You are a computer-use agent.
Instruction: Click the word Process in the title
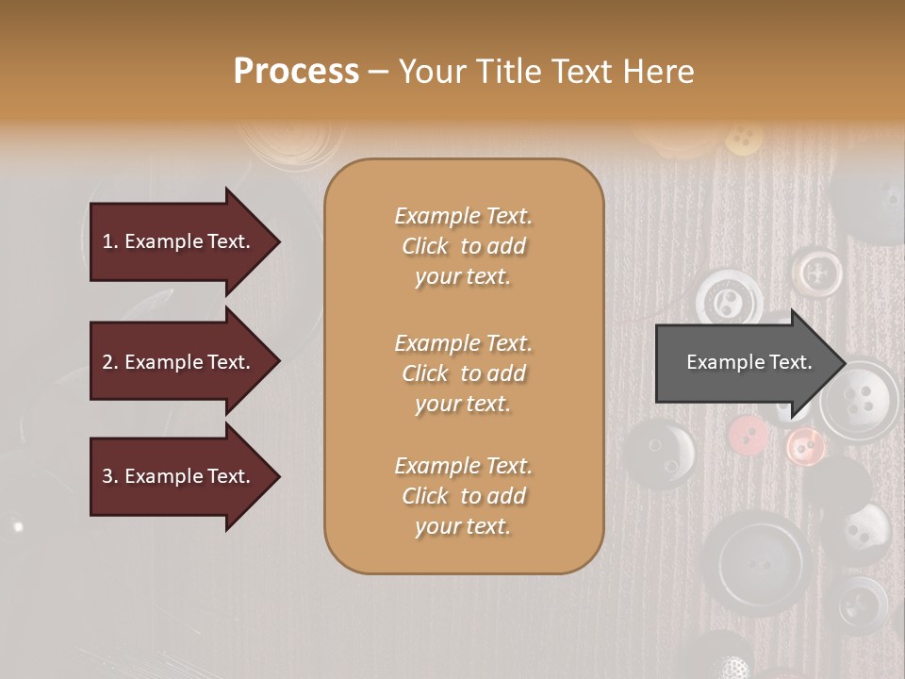(x=296, y=71)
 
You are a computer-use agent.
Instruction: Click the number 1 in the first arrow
(x=107, y=241)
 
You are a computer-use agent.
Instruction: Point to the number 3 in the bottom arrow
(x=107, y=476)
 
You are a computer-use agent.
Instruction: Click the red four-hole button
(x=749, y=434)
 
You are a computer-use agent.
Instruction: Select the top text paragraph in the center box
(x=463, y=246)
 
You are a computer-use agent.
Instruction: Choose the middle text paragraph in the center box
(x=463, y=373)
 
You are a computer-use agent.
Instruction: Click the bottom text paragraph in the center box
(x=463, y=496)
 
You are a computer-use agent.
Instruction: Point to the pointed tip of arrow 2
(x=278, y=362)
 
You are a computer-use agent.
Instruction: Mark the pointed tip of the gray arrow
(x=845, y=362)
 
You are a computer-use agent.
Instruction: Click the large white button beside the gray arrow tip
(x=860, y=395)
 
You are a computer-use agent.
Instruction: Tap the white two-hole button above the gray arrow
(x=729, y=301)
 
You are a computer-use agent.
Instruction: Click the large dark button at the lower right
(x=758, y=564)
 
